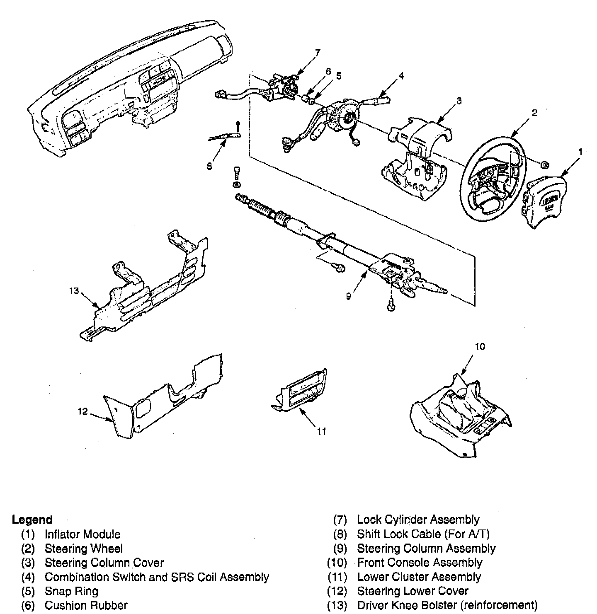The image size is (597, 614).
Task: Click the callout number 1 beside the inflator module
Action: coord(580,152)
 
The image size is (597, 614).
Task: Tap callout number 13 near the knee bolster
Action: coord(74,291)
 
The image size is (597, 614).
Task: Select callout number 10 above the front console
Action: coord(479,346)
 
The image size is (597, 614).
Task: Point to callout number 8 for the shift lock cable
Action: coord(209,166)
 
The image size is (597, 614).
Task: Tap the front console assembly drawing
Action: coord(460,416)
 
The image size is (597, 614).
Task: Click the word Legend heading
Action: coord(32,520)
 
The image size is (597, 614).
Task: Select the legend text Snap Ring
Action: coord(71,591)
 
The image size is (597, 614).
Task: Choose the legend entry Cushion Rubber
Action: coord(86,605)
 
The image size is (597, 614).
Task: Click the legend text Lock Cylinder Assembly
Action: coord(418,520)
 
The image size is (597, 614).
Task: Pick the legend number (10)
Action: coord(337,563)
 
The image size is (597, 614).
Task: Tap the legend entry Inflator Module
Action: coord(83,534)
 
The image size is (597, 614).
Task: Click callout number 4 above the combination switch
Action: coord(401,76)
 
